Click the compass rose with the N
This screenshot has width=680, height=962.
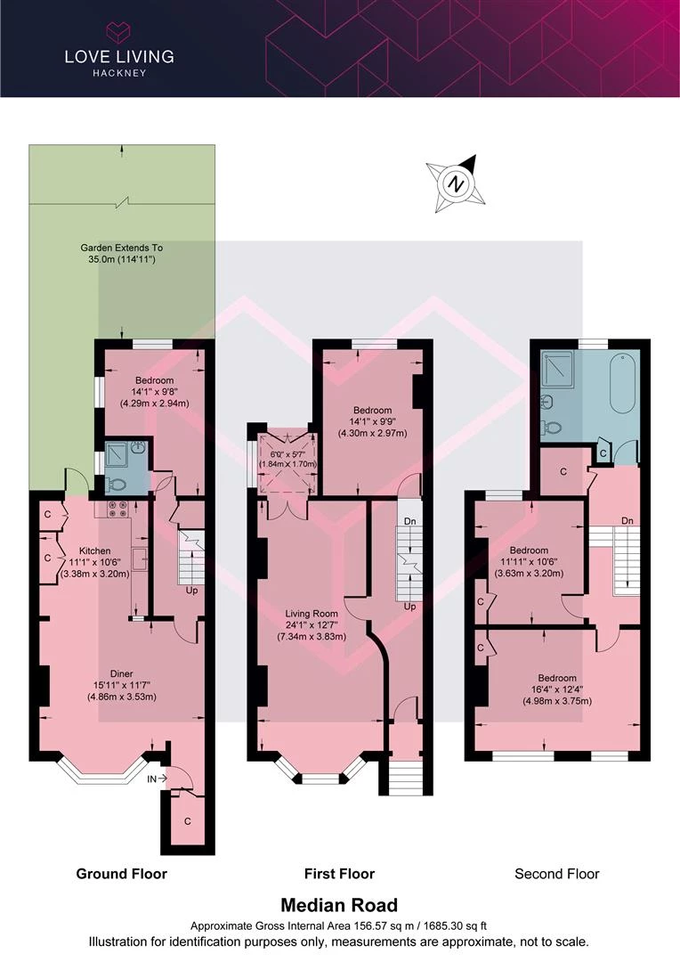pos(456,183)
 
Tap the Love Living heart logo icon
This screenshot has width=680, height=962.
pos(119,31)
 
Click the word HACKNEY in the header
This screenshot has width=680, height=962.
pos(119,73)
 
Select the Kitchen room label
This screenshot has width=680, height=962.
pos(95,551)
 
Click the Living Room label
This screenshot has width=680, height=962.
pos(312,614)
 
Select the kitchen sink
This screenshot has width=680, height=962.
pos(139,558)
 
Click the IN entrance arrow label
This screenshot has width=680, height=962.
pos(157,779)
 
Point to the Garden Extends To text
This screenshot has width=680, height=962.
pos(121,248)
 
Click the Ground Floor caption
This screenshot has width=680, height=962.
pos(121,874)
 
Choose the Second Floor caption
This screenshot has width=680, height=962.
pos(557,874)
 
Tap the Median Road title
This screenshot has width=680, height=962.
pos(339,905)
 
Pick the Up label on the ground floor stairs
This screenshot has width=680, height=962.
pos(192,591)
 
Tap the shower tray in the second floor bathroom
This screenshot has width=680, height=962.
pos(557,370)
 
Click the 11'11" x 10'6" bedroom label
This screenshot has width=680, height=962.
pos(529,561)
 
